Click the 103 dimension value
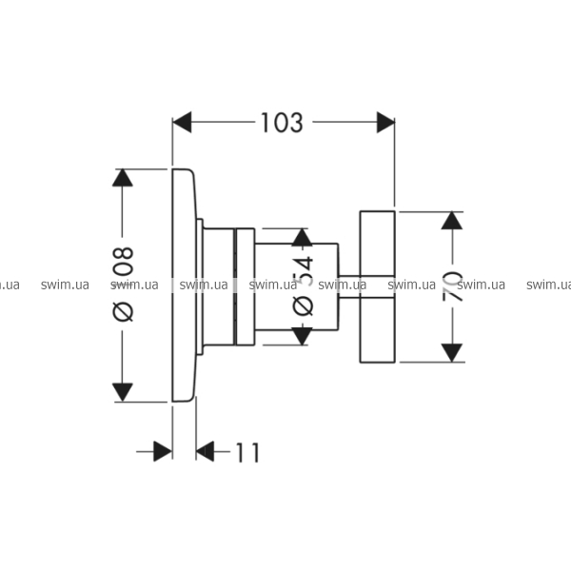click(283, 122)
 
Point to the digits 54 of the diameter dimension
click(302, 271)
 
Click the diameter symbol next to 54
click(302, 305)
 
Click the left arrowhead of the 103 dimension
click(182, 122)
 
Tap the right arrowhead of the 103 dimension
click(384, 122)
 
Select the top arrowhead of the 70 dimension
click(453, 221)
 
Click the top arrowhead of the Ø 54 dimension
click(302, 237)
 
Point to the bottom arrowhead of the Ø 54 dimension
click(302, 336)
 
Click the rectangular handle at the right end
click(377, 285)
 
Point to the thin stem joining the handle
click(348, 284)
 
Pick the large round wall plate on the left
click(185, 285)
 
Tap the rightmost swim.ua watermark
click(548, 284)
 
